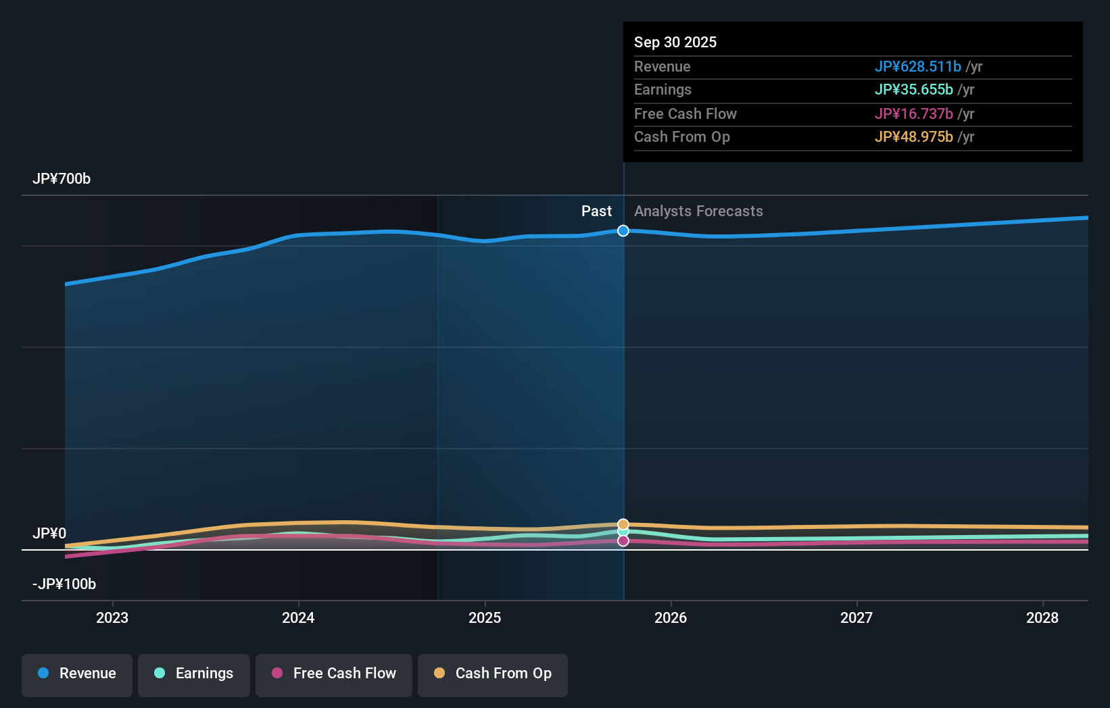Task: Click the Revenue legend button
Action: coord(77,674)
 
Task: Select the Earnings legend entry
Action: coord(194,674)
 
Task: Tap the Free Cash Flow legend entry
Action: coord(334,674)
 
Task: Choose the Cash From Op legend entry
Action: coord(493,674)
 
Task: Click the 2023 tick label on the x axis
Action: coord(112,618)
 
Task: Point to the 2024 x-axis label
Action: coord(298,618)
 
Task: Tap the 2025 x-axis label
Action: coord(485,618)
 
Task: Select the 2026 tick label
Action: coord(671,618)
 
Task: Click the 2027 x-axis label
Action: coord(856,618)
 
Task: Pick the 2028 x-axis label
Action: coord(1042,618)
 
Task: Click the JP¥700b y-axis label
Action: coord(62,179)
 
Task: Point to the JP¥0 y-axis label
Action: coord(49,534)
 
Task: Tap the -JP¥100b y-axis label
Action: coord(64,584)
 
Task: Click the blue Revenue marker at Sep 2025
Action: coord(623,231)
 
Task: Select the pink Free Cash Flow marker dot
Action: coord(623,541)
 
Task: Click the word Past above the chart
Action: coord(596,211)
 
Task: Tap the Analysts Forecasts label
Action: coord(698,211)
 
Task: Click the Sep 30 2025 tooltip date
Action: coord(675,43)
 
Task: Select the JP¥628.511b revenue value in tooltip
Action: coord(917,67)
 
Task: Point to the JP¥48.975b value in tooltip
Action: coord(913,137)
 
